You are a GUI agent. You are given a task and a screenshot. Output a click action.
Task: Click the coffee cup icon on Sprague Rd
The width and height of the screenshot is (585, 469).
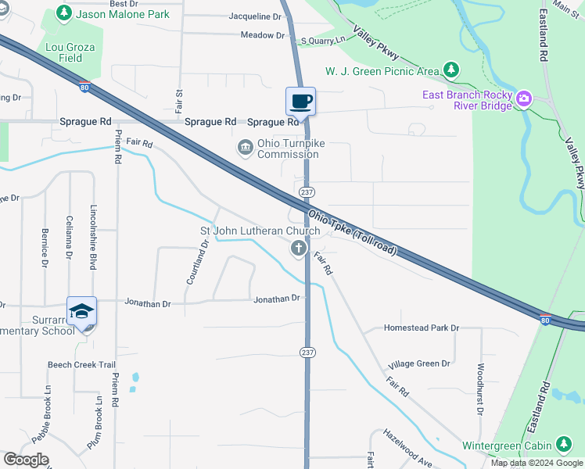(300, 102)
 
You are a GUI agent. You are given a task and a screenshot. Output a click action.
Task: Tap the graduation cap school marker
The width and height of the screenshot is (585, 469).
(81, 311)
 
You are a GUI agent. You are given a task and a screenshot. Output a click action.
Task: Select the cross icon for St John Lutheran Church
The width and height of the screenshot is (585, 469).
(298, 249)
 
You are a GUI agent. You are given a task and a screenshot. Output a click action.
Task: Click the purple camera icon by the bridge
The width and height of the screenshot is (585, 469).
(522, 99)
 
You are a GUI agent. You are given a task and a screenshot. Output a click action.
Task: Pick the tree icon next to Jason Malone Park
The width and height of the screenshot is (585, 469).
(63, 13)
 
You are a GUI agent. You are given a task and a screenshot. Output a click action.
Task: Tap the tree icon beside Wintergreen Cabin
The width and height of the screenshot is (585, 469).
(563, 445)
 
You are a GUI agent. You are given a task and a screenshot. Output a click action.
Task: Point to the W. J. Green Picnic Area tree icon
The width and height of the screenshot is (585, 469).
(450, 71)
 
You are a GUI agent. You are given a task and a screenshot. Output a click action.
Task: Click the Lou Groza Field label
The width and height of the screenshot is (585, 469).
(70, 52)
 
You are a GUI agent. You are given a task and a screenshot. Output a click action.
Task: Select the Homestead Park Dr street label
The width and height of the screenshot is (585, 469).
(421, 328)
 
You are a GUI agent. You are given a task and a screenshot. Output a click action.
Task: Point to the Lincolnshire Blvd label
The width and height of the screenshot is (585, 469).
(93, 239)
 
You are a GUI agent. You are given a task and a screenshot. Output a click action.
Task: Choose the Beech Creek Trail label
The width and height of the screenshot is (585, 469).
(81, 365)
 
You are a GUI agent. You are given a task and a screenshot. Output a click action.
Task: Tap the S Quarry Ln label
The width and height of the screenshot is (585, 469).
(323, 39)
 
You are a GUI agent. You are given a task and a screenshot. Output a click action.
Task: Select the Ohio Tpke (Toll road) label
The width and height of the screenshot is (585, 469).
(353, 233)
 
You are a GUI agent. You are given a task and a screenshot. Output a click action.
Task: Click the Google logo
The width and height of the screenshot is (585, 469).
(26, 460)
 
